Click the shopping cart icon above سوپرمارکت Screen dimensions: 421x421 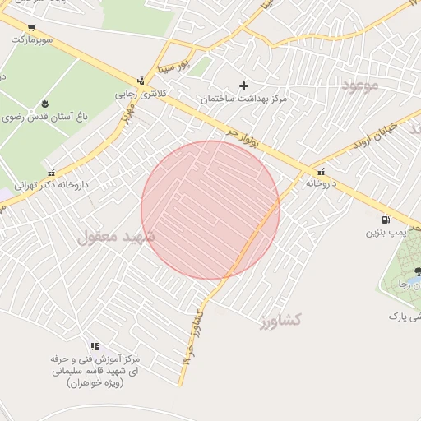click(30, 27)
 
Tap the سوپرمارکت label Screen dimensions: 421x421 click(31, 39)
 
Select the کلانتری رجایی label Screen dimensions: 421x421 click(136, 93)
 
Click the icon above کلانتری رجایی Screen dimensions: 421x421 click(141, 81)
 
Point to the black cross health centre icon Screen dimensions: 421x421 click(243, 86)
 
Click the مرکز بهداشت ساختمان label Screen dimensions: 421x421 click(243, 99)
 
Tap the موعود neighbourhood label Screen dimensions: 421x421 click(359, 85)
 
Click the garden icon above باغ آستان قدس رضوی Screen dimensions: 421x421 click(44, 104)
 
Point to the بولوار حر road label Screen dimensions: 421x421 click(243, 137)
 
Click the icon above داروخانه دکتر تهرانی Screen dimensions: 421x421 click(53, 173)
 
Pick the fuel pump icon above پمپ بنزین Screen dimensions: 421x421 click(385, 220)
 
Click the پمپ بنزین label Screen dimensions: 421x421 click(384, 233)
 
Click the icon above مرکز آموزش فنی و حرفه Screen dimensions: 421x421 click(95, 346)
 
